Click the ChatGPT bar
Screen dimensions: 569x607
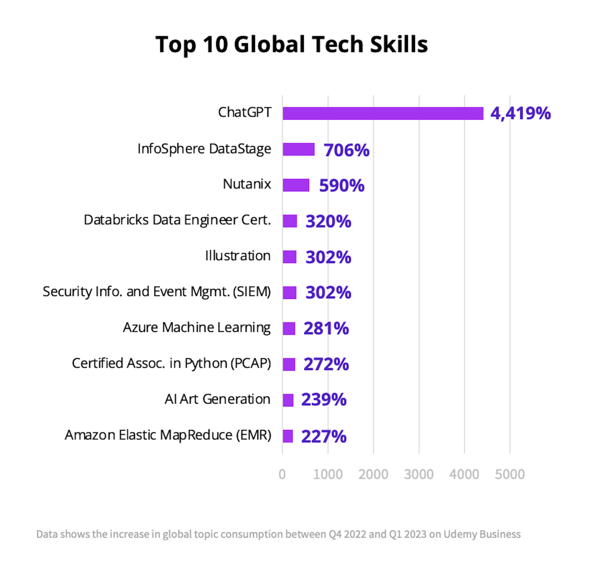tap(383, 113)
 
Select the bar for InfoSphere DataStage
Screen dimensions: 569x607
tap(299, 149)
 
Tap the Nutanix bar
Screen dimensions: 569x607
tap(296, 185)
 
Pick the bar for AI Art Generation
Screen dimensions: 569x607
tap(288, 400)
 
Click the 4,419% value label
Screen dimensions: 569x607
tap(521, 113)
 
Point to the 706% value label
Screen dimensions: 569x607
tap(346, 150)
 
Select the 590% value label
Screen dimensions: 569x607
tap(342, 185)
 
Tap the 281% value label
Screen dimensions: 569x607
tap(326, 328)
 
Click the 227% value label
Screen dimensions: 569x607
tap(324, 436)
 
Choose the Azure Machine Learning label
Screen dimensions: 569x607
tap(197, 327)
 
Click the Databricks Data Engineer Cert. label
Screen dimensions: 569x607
tap(177, 220)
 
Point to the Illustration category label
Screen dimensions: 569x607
tap(237, 256)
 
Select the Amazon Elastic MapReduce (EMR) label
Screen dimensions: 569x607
tap(168, 435)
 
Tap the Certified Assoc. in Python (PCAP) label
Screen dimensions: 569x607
tap(171, 363)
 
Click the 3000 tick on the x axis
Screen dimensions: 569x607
tap(418, 475)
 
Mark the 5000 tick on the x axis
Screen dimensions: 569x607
tap(510, 475)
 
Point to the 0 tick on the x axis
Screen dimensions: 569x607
tap(282, 475)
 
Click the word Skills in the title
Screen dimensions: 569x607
tap(399, 44)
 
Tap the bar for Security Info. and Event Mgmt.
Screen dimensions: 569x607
tap(289, 293)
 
